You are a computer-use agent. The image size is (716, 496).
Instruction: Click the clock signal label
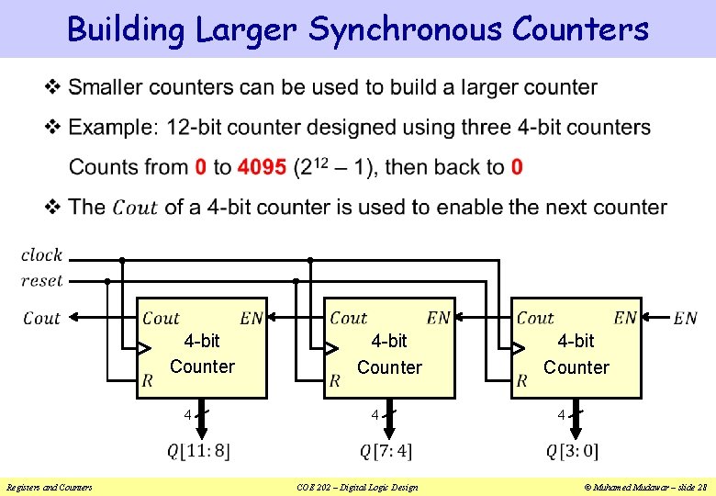(x=41, y=254)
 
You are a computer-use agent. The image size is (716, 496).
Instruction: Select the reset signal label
(x=41, y=280)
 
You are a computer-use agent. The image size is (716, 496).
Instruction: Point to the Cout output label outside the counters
(x=41, y=318)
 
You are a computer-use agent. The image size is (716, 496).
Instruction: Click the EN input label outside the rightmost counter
(x=685, y=319)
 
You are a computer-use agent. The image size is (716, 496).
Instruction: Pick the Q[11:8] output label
(x=198, y=451)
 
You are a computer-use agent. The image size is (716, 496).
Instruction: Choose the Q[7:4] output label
(x=386, y=451)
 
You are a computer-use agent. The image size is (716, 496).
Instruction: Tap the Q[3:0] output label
(x=572, y=451)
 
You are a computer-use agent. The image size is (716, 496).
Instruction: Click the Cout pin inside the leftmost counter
(x=161, y=318)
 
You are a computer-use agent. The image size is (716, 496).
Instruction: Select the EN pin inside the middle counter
(x=439, y=318)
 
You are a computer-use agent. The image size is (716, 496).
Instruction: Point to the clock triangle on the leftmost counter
(x=144, y=348)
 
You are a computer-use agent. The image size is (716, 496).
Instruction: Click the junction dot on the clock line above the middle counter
(x=310, y=260)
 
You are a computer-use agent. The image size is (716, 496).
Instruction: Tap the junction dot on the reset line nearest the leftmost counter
(x=108, y=280)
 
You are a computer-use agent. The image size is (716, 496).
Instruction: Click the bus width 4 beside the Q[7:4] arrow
(x=375, y=415)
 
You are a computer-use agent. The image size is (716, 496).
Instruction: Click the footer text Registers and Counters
(x=49, y=487)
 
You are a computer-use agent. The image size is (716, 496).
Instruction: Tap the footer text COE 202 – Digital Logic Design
(x=357, y=487)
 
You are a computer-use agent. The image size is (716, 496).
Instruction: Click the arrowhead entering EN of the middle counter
(x=462, y=318)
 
